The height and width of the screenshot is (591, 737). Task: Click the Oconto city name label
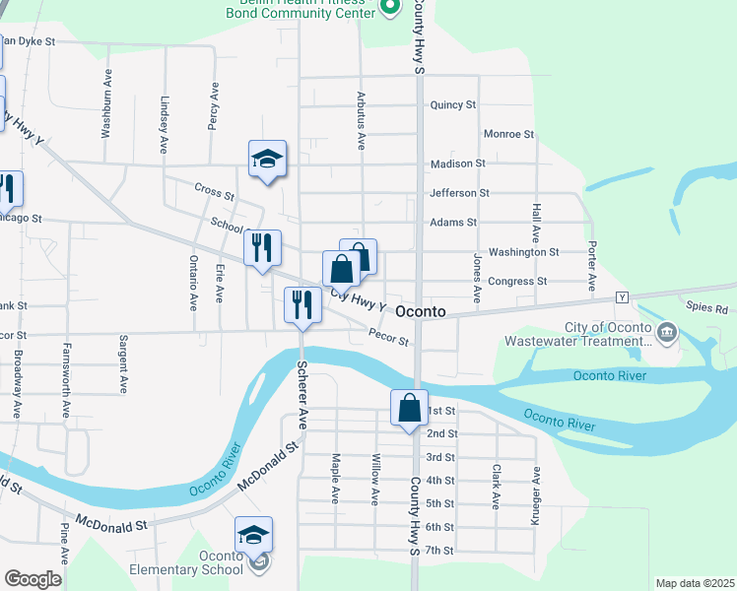421,311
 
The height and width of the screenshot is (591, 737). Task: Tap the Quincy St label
452,104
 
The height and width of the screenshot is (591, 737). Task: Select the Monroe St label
508,134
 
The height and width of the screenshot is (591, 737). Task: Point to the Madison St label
457,164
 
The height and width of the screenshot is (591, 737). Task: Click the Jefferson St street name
459,193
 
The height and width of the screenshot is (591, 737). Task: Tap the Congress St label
517,282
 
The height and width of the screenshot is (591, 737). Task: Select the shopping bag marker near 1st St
409,407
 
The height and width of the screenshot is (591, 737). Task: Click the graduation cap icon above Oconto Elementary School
253,535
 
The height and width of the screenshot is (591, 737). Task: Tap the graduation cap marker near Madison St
266,159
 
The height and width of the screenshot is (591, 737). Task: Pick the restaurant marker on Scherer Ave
302,304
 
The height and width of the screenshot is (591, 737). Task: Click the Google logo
33,579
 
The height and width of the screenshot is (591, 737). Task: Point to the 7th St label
440,550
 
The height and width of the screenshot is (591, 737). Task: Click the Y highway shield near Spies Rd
622,296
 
